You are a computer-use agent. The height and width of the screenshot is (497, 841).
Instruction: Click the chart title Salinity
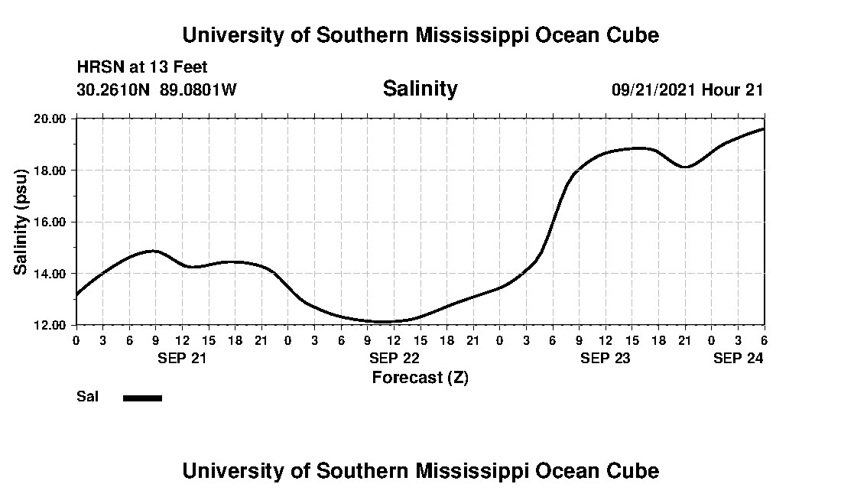[420, 89]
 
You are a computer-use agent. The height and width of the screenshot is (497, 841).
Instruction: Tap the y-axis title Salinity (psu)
[21, 223]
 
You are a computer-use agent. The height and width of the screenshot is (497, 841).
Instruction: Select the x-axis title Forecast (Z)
[420, 377]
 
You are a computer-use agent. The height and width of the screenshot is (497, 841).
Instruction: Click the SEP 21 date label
[183, 357]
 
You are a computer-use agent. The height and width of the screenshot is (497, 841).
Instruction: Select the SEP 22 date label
[394, 357]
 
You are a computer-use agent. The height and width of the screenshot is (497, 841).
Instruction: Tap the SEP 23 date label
[605, 357]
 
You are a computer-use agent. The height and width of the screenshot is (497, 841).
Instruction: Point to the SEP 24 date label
[738, 357]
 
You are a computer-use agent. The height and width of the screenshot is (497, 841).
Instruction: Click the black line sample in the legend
[142, 398]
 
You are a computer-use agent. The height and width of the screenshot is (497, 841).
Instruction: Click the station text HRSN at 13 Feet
[142, 68]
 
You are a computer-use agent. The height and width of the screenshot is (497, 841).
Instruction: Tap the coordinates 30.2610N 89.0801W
[157, 89]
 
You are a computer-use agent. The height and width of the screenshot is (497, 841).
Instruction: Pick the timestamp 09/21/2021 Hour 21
[687, 89]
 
